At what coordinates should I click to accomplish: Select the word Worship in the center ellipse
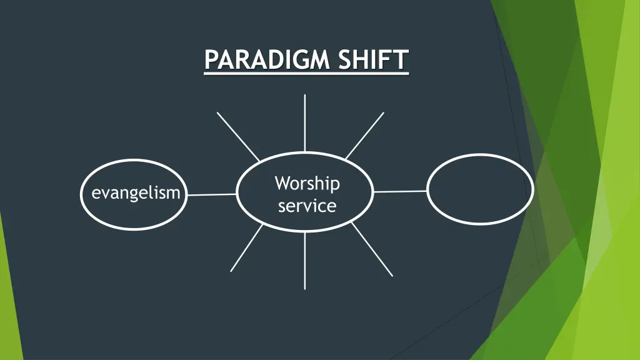tap(307, 184)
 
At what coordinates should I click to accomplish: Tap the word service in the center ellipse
tap(307, 206)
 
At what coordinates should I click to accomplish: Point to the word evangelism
tap(136, 193)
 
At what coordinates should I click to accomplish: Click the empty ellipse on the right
tap(480, 189)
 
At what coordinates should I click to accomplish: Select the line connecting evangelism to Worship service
tap(212, 194)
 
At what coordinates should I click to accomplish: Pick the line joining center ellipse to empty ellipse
tap(400, 191)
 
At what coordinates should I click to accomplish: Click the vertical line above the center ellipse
tap(305, 122)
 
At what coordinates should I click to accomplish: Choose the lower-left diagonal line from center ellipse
tap(247, 248)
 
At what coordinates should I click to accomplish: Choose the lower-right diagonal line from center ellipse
tap(372, 249)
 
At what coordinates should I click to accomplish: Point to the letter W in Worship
tap(282, 184)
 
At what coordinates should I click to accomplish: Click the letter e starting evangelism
tap(96, 194)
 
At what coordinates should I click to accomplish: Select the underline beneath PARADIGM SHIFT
tap(306, 74)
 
